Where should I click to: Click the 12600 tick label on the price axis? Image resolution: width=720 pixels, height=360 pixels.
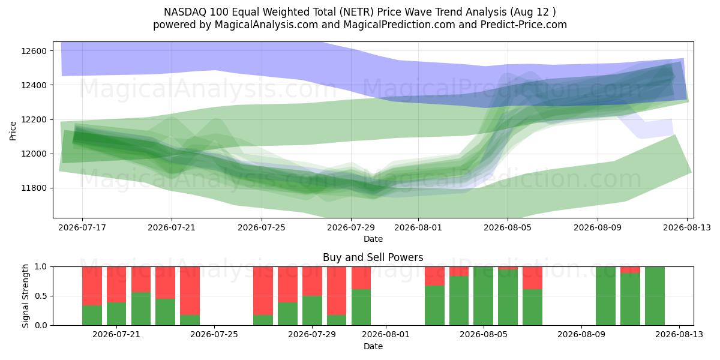pos(34,51)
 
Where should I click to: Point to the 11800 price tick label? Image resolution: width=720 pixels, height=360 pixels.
pos(34,188)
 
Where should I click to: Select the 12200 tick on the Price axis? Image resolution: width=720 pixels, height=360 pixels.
pos(34,119)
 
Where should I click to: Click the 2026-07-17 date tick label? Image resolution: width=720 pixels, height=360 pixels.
pos(82,227)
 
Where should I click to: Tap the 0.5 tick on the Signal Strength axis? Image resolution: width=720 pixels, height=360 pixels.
pos(41,296)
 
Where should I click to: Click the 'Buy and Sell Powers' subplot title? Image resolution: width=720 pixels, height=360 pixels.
pos(373,257)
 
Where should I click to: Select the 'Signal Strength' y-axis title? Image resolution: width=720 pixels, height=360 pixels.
pos(25,296)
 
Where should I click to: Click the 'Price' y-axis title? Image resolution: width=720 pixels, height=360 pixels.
pos(13,131)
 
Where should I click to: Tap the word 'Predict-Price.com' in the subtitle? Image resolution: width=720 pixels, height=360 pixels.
pos(524,25)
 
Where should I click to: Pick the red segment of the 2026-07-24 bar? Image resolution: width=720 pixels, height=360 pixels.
pos(190,291)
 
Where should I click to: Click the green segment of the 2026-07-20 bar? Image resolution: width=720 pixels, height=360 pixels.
pos(92,316)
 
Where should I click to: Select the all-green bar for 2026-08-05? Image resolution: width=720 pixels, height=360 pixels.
pos(484,296)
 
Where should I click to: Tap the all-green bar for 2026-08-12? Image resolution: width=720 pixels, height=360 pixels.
pos(655,296)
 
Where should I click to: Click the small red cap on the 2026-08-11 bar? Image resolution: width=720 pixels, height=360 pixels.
pos(630,270)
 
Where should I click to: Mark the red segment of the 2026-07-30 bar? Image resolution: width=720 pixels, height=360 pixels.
pos(337,291)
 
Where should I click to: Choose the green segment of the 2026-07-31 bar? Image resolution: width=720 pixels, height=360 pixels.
pos(361,307)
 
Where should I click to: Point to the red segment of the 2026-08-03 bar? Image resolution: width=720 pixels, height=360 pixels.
pos(434,276)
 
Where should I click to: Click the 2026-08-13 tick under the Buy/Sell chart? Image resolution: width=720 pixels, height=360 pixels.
pos(679,335)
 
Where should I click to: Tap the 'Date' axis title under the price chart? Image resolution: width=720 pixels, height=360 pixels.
pos(373,239)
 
